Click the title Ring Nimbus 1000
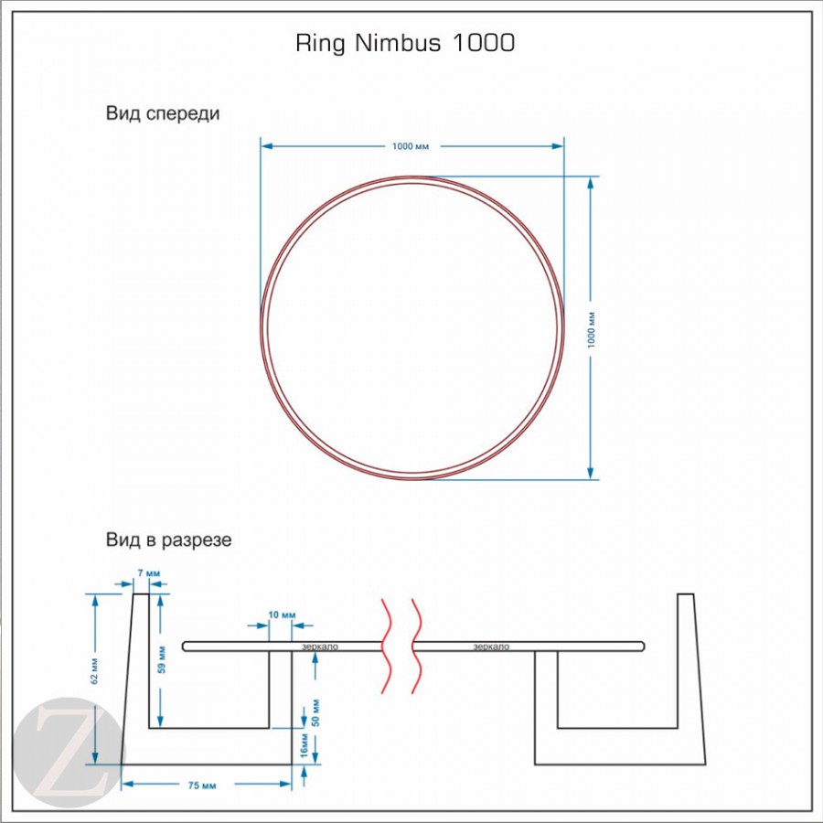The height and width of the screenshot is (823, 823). coord(405,43)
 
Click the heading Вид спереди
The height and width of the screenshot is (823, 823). coord(163,114)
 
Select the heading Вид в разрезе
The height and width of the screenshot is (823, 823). coord(168,540)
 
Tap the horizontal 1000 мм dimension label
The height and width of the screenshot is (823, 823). coord(411,146)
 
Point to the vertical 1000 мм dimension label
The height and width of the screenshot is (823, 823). coord(592,327)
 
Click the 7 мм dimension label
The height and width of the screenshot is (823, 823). coord(147,573)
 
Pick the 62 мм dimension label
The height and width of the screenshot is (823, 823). coord(94,670)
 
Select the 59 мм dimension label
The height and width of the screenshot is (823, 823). coord(163,660)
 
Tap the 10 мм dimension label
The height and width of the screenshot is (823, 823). coord(282,614)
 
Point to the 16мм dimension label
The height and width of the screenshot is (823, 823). coord(304,748)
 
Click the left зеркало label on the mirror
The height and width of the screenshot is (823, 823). coord(320,647)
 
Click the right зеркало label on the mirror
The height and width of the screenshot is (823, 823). coord(491,647)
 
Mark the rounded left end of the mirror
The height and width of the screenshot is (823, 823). coord(187,647)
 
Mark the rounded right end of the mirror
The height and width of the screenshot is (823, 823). coord(642,647)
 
